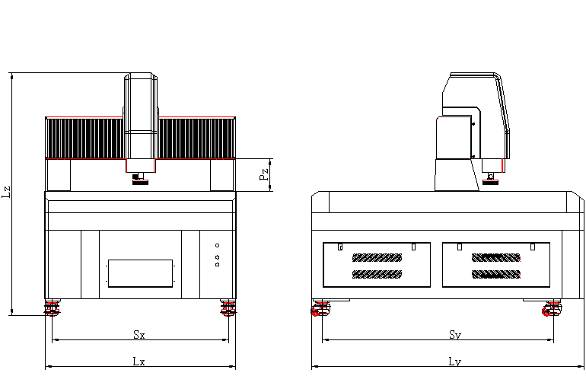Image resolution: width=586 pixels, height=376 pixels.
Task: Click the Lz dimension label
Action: tap(6, 192)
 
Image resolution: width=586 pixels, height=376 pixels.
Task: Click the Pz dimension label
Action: tap(264, 174)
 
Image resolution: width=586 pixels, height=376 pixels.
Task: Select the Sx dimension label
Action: tap(139, 334)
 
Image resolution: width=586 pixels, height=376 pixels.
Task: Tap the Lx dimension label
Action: tap(139, 362)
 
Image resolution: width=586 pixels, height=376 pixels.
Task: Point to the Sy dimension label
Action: tap(455, 335)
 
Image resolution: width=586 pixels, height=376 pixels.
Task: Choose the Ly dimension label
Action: tap(455, 362)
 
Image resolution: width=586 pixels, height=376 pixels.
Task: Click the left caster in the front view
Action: tap(53, 307)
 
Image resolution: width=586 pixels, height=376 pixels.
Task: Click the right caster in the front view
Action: tap(228, 307)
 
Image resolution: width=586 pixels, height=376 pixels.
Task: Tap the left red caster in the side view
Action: tap(320, 309)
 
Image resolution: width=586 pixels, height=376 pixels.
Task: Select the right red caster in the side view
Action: tap(552, 309)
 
